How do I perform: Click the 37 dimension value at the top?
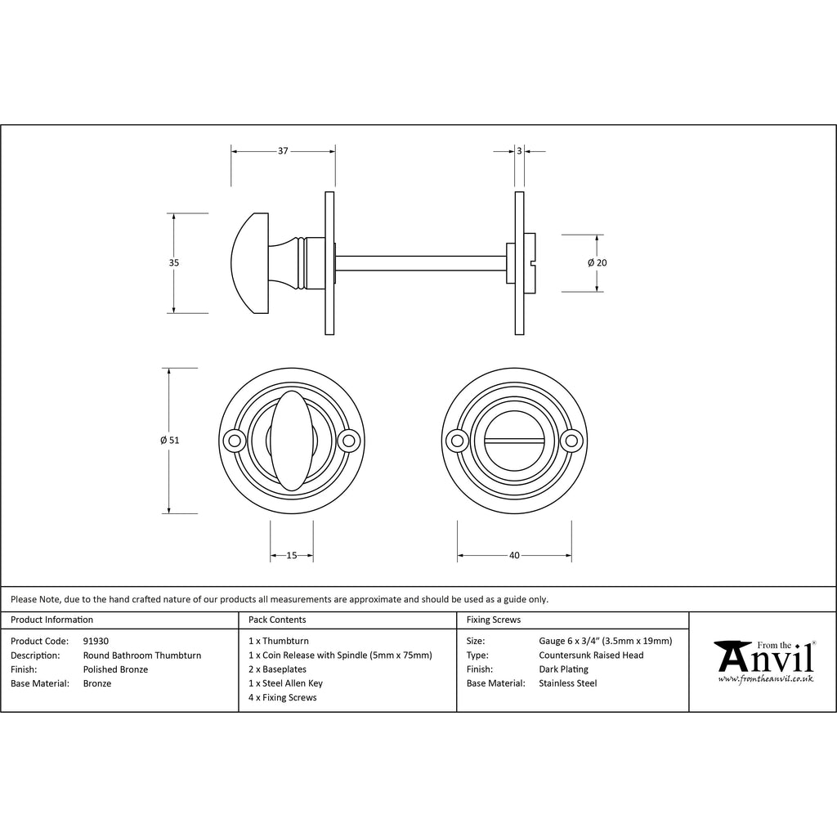[283, 151]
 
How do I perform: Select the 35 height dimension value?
[174, 262]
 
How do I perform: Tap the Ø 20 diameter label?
[598, 262]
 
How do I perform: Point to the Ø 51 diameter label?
[170, 441]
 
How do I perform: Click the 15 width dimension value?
[292, 556]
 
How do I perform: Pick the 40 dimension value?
[514, 556]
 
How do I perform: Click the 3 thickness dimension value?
[519, 151]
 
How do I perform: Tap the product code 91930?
[96, 641]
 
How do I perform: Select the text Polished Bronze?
[115, 669]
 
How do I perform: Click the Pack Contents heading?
[277, 620]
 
